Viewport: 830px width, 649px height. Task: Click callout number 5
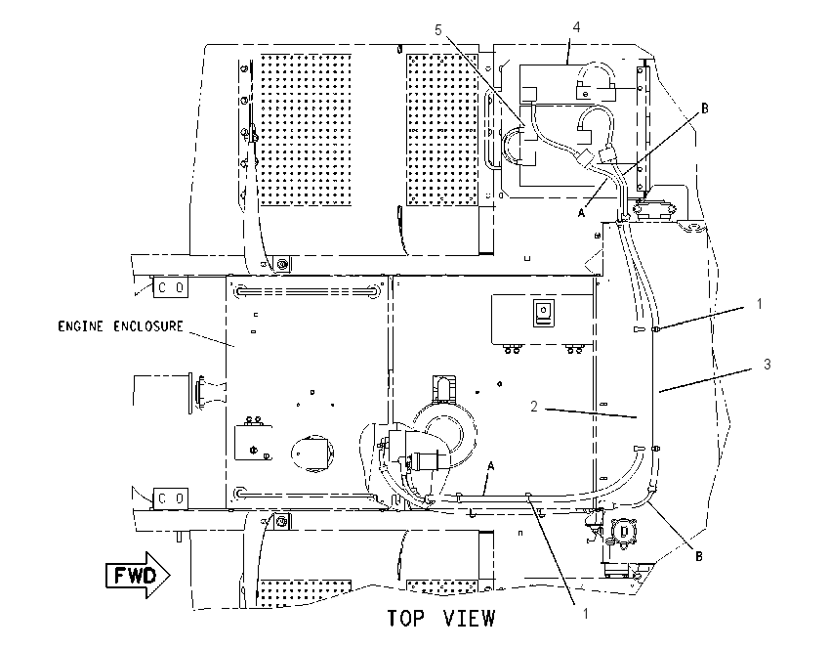pyautogui.click(x=437, y=30)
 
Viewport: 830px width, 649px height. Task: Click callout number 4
pyautogui.click(x=576, y=26)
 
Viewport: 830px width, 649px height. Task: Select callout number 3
pyautogui.click(x=767, y=364)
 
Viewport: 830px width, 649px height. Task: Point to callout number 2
pyautogui.click(x=534, y=407)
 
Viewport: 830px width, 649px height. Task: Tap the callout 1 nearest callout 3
pyautogui.click(x=760, y=304)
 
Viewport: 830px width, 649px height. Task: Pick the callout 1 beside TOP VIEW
pyautogui.click(x=586, y=614)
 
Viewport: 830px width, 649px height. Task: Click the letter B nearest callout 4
pyautogui.click(x=705, y=108)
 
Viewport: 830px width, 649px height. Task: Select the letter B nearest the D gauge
pyautogui.click(x=699, y=556)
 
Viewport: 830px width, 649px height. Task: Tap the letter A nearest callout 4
pyautogui.click(x=581, y=212)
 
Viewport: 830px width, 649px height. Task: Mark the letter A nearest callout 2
pyautogui.click(x=491, y=466)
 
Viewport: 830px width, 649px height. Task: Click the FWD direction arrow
pyautogui.click(x=138, y=576)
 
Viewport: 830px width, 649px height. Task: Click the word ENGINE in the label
pyautogui.click(x=80, y=325)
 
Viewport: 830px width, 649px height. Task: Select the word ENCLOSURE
pyautogui.click(x=148, y=325)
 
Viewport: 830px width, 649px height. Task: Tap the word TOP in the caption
pyautogui.click(x=406, y=619)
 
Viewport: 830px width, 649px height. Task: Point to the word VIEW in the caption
pyautogui.click(x=469, y=619)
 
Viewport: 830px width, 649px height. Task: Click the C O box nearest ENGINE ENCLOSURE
pyautogui.click(x=171, y=287)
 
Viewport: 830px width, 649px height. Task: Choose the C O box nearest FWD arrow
pyautogui.click(x=171, y=498)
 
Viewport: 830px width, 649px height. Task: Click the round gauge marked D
pyautogui.click(x=625, y=532)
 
